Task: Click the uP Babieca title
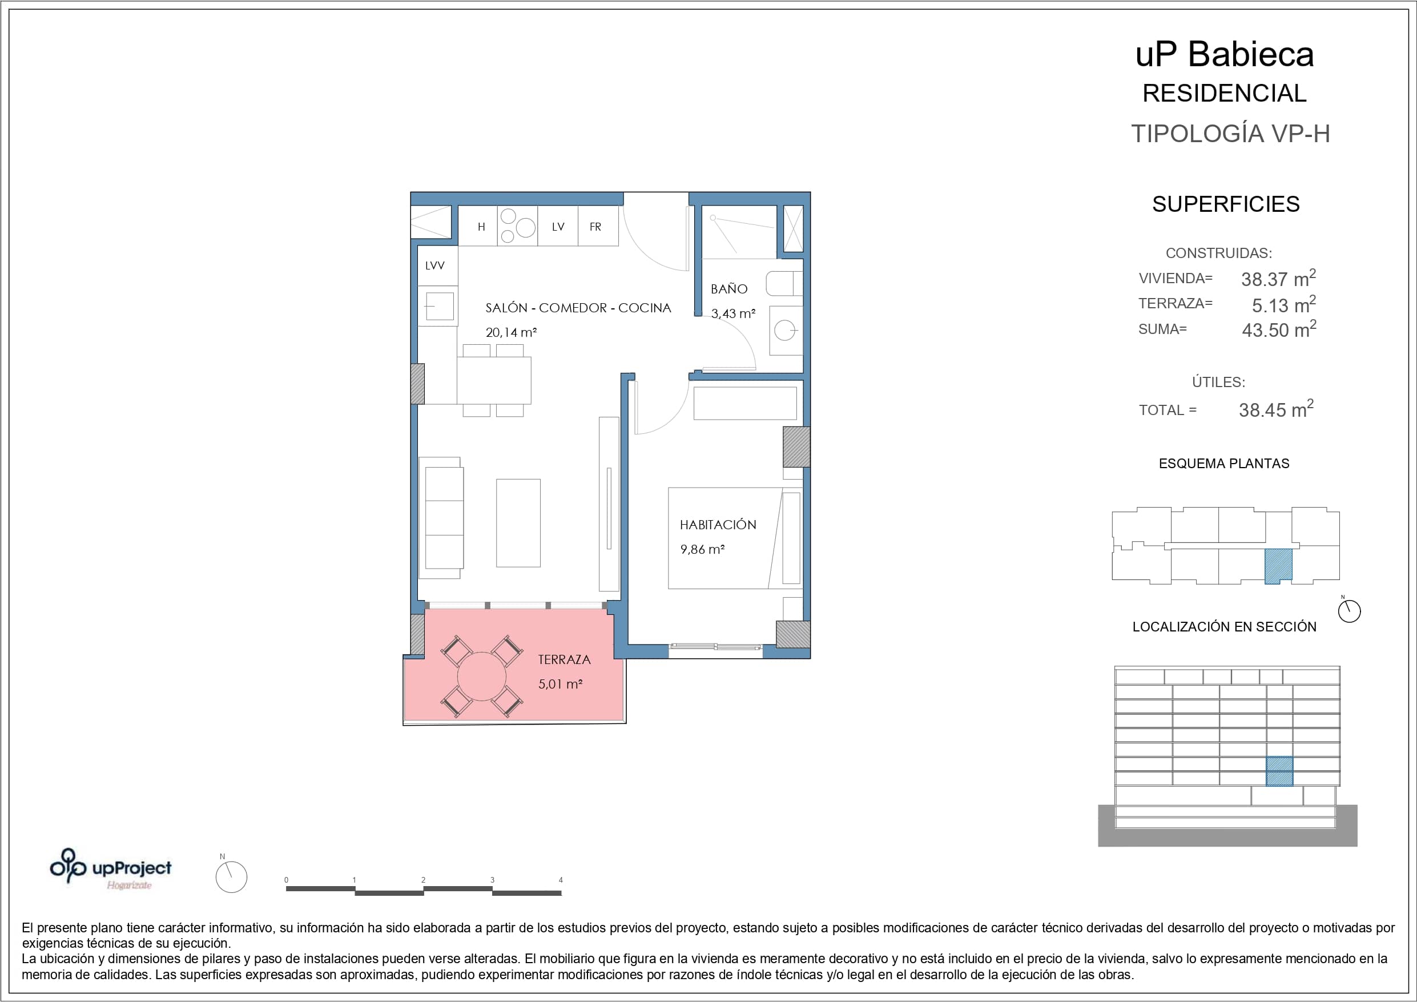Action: [1225, 54]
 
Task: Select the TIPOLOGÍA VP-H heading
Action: [1230, 134]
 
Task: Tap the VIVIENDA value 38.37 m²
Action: [1278, 279]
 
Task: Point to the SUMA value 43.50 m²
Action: [1279, 329]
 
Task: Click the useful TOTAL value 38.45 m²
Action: [1277, 409]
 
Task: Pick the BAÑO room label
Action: [729, 289]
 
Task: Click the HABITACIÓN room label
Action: [718, 525]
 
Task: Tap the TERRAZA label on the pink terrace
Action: [564, 659]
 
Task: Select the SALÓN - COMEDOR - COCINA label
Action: [578, 308]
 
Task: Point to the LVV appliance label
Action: [434, 265]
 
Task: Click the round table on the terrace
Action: [481, 677]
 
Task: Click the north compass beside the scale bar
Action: [231, 876]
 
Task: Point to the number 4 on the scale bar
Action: [561, 880]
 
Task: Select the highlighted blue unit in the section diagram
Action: [1279, 771]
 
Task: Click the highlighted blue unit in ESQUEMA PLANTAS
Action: [1278, 566]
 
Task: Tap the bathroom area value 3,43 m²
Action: [733, 313]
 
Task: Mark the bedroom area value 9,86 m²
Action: [702, 549]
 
